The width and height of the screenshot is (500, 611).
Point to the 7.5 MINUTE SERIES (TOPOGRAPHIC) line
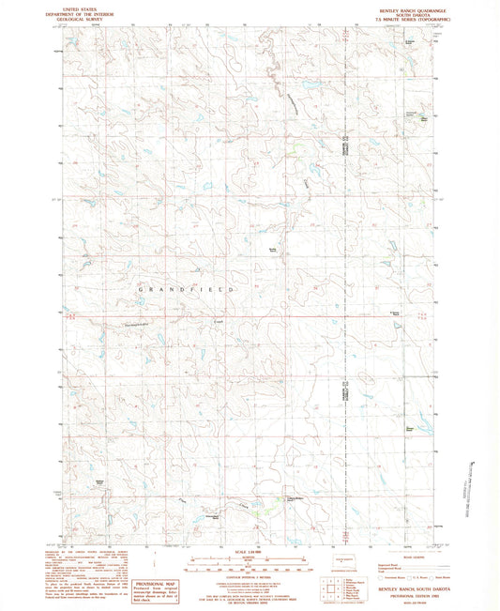click(x=397, y=19)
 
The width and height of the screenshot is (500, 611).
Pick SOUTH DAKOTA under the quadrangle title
click(x=397, y=13)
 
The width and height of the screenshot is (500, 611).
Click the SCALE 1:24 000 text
click(x=249, y=550)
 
